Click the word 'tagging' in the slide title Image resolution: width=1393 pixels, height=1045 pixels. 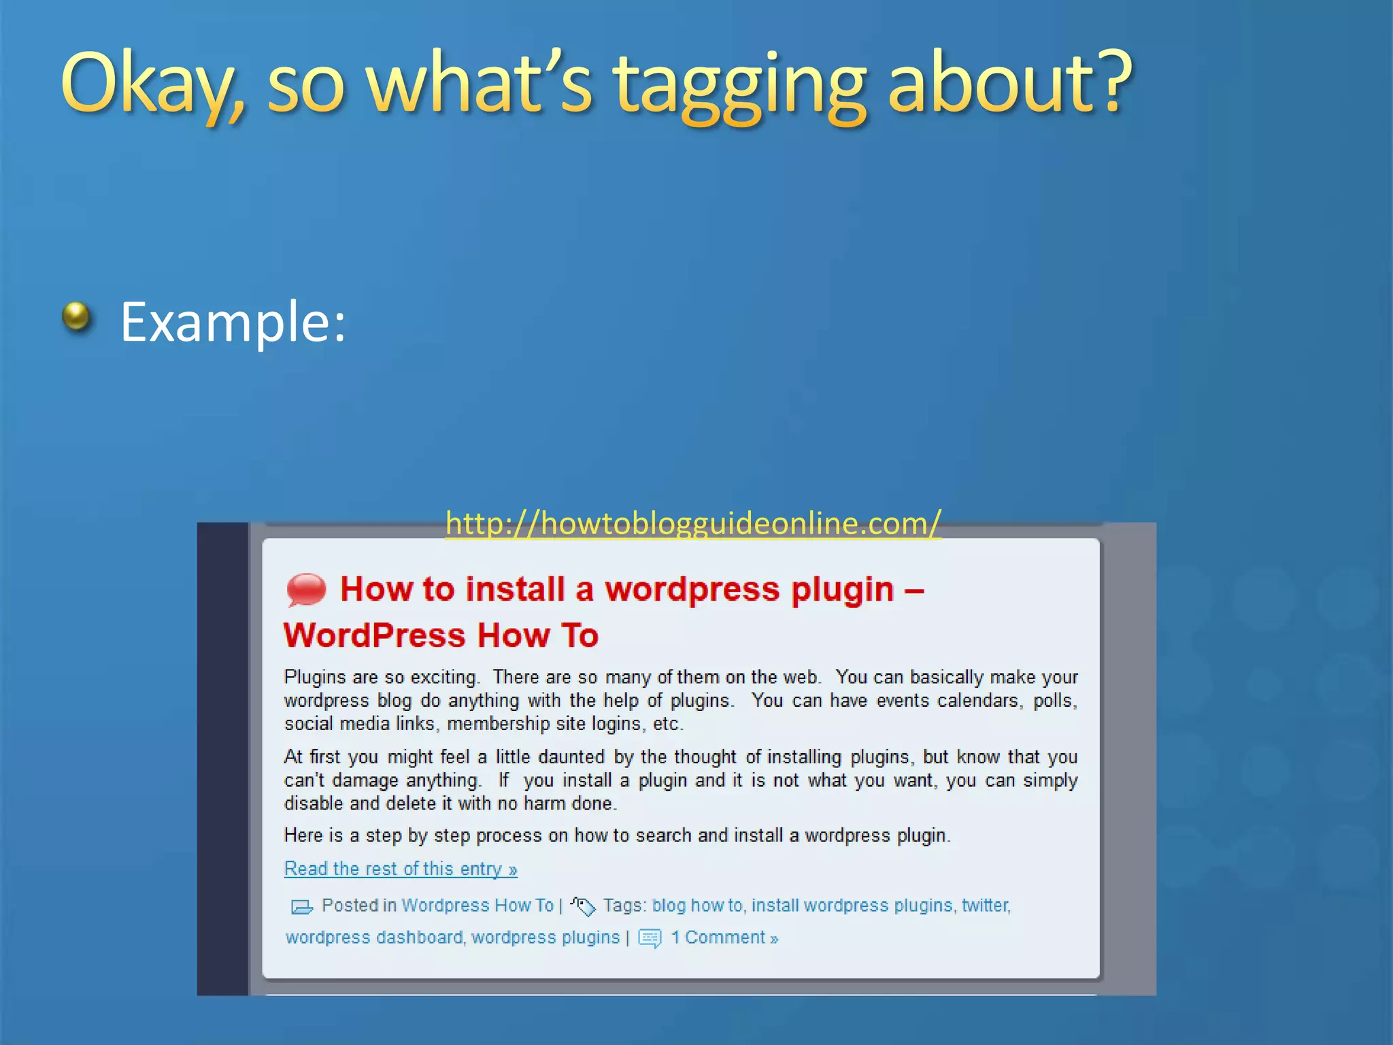740,85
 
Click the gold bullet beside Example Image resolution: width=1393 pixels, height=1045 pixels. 76,316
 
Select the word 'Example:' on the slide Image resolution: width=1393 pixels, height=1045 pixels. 233,321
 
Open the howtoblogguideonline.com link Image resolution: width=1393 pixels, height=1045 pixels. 693,523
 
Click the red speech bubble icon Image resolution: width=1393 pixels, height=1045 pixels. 306,589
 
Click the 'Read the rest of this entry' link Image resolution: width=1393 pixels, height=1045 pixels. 401,869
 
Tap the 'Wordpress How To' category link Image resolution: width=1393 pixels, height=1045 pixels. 477,906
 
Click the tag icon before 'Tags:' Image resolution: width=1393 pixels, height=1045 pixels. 583,906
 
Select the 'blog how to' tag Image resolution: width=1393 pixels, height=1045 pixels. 697,906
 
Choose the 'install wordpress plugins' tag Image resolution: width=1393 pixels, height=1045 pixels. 852,906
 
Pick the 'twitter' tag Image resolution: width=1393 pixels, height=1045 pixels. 985,906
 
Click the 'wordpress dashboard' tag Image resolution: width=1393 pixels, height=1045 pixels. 374,938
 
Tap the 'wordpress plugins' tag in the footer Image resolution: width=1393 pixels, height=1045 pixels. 546,938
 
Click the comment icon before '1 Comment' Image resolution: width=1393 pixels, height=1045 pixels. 650,938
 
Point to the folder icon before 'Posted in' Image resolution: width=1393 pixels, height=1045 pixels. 301,907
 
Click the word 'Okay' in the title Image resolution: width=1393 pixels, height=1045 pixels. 150,85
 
